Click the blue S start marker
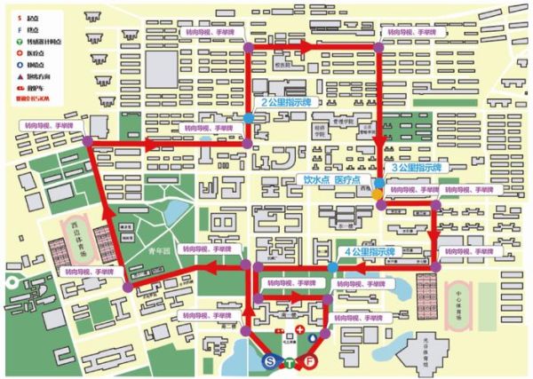tap(270, 362)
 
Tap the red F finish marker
tap(310, 362)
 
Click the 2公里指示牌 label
tap(285, 103)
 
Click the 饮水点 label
tap(316, 178)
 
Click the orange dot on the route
tap(378, 193)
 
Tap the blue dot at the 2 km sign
tap(248, 116)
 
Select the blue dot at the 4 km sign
tap(333, 267)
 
